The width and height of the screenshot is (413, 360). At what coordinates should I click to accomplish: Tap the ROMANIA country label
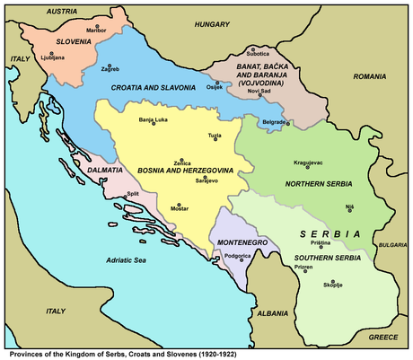coord(368,78)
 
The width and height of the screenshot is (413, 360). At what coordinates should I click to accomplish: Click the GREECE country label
coord(383,338)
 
